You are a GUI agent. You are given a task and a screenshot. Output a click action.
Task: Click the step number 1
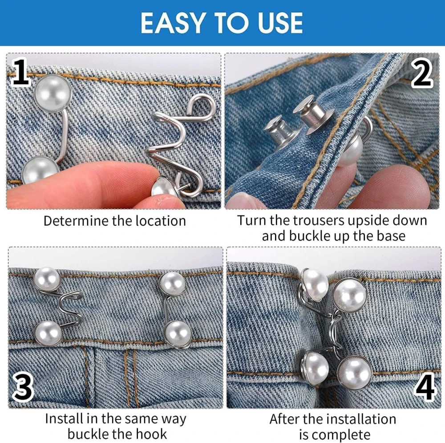point(20,74)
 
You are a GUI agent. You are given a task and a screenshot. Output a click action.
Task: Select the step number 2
point(422,74)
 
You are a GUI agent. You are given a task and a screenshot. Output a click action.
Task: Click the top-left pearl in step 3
point(47,280)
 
